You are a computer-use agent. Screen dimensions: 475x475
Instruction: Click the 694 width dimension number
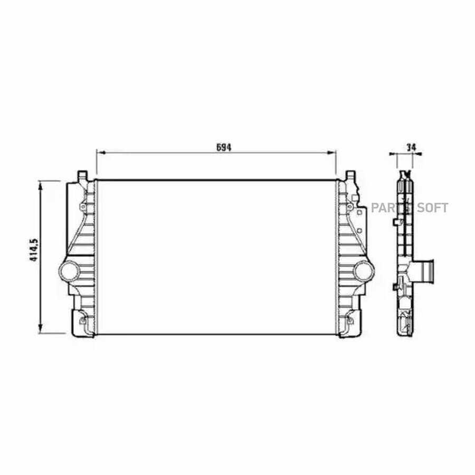(224, 147)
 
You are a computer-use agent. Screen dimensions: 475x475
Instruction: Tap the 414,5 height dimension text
(34, 250)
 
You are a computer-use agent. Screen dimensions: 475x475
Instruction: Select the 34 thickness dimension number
(411, 147)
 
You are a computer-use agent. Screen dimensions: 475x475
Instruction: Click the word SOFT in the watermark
(433, 208)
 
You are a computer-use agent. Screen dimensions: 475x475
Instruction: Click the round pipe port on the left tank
(69, 271)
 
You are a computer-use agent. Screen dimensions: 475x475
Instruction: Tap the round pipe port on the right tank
(364, 271)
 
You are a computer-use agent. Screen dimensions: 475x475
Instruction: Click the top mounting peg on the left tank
(82, 175)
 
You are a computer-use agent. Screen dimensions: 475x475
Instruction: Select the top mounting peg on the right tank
(350, 175)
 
